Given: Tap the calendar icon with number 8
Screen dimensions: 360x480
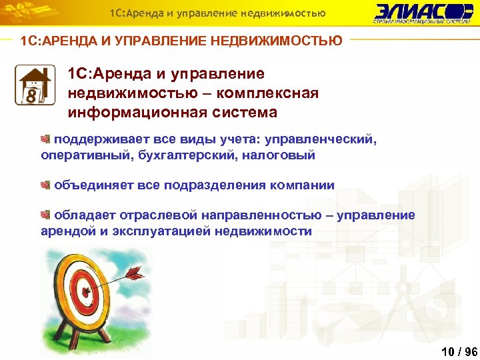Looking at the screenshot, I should click(33, 85).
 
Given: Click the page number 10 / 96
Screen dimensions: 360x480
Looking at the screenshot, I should click(459, 351).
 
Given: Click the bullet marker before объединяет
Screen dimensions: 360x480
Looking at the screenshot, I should click(45, 185).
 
